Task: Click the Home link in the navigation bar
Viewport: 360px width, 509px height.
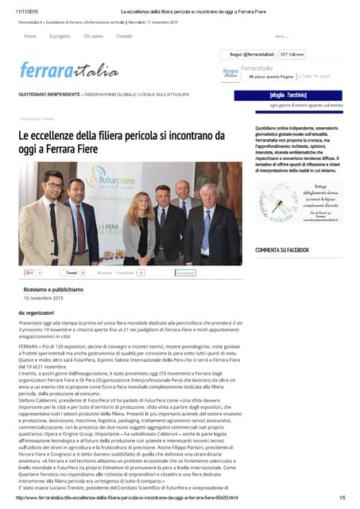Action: [x=29, y=37]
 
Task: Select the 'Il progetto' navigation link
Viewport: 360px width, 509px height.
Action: [x=60, y=37]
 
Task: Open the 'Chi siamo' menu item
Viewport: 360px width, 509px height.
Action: [x=93, y=37]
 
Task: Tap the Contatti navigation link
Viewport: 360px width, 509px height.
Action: [x=124, y=37]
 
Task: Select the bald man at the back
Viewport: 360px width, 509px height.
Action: [x=183, y=195]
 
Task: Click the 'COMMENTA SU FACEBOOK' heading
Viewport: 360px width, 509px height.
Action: [x=282, y=251]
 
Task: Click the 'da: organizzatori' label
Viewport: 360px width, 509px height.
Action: [x=36, y=313]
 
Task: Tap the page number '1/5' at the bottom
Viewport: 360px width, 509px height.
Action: [x=342, y=497]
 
